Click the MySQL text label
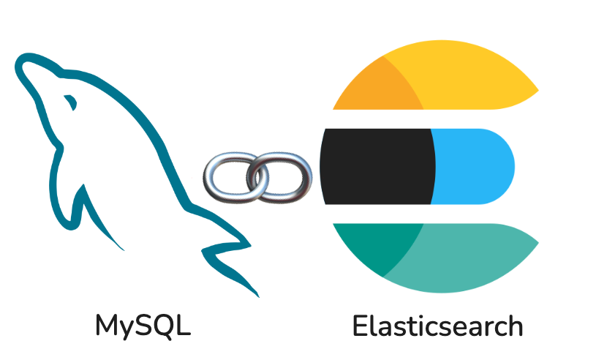click(x=143, y=326)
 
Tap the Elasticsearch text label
click(x=437, y=326)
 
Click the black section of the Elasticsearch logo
click(x=377, y=166)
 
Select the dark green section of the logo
click(x=377, y=245)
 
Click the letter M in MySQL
click(x=108, y=326)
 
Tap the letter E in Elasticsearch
click(x=359, y=326)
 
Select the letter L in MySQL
click(x=184, y=326)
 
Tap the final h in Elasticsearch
click(x=514, y=326)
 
